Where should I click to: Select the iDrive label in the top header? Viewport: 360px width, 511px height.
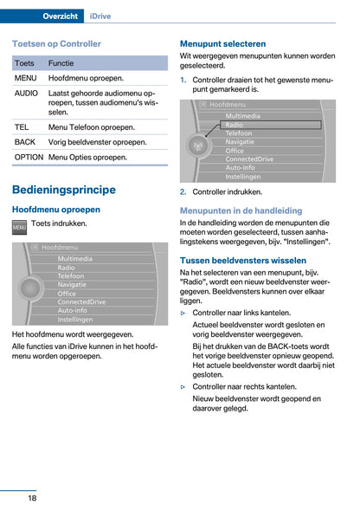click(x=107, y=16)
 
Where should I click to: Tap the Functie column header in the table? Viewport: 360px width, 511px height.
click(x=61, y=63)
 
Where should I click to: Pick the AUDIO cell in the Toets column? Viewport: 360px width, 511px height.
click(x=27, y=92)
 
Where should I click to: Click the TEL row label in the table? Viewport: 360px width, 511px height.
click(x=22, y=126)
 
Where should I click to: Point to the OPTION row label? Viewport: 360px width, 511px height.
click(x=29, y=157)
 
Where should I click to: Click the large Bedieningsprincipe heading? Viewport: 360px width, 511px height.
click(x=64, y=190)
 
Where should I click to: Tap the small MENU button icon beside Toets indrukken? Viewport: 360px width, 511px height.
click(x=20, y=225)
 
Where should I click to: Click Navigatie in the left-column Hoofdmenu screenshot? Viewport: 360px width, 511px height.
click(x=73, y=284)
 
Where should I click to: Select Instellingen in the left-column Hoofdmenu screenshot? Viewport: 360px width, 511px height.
click(x=75, y=319)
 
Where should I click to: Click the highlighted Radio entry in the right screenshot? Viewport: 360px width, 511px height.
click(x=235, y=125)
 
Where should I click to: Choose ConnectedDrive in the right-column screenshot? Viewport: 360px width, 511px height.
click(x=250, y=159)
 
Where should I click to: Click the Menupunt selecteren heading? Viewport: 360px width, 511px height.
click(x=222, y=43)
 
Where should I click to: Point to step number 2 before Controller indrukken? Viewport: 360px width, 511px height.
click(x=183, y=191)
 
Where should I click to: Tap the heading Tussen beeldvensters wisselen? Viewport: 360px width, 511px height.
click(x=242, y=260)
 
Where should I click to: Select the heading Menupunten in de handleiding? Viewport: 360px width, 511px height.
click(x=241, y=210)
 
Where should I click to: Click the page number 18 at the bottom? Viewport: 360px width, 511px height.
click(x=31, y=498)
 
